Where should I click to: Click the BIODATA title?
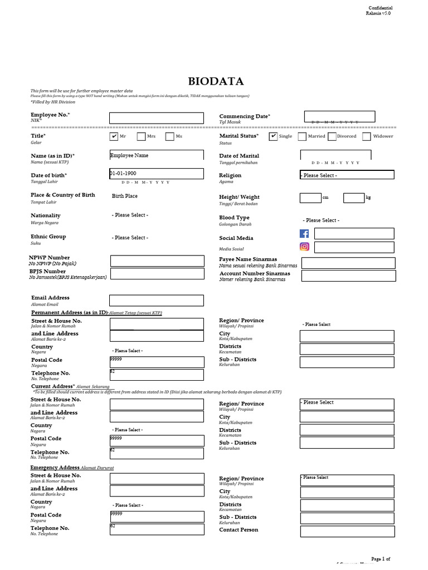coord(216,81)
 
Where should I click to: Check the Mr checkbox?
coord(114,136)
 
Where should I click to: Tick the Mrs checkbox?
coord(141,136)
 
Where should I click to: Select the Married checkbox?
coord(301,136)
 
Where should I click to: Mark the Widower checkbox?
coord(367,136)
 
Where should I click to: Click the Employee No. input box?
coord(156,118)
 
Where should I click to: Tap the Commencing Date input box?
coord(339,116)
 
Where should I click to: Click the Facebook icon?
coord(304,234)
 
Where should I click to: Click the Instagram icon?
coord(304,247)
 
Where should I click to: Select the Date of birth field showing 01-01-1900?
coord(156,174)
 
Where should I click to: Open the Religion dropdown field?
coord(347,175)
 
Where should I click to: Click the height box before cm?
coord(310,198)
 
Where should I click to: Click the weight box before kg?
coord(353,198)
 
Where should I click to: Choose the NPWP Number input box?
coord(157,261)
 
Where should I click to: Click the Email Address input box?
coord(156,301)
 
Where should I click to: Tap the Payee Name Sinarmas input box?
coord(348,263)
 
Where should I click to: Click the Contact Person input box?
coord(347,532)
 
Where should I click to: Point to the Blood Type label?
coord(235,218)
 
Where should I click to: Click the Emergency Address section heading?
coord(55,468)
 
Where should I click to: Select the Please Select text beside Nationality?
coord(130,215)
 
